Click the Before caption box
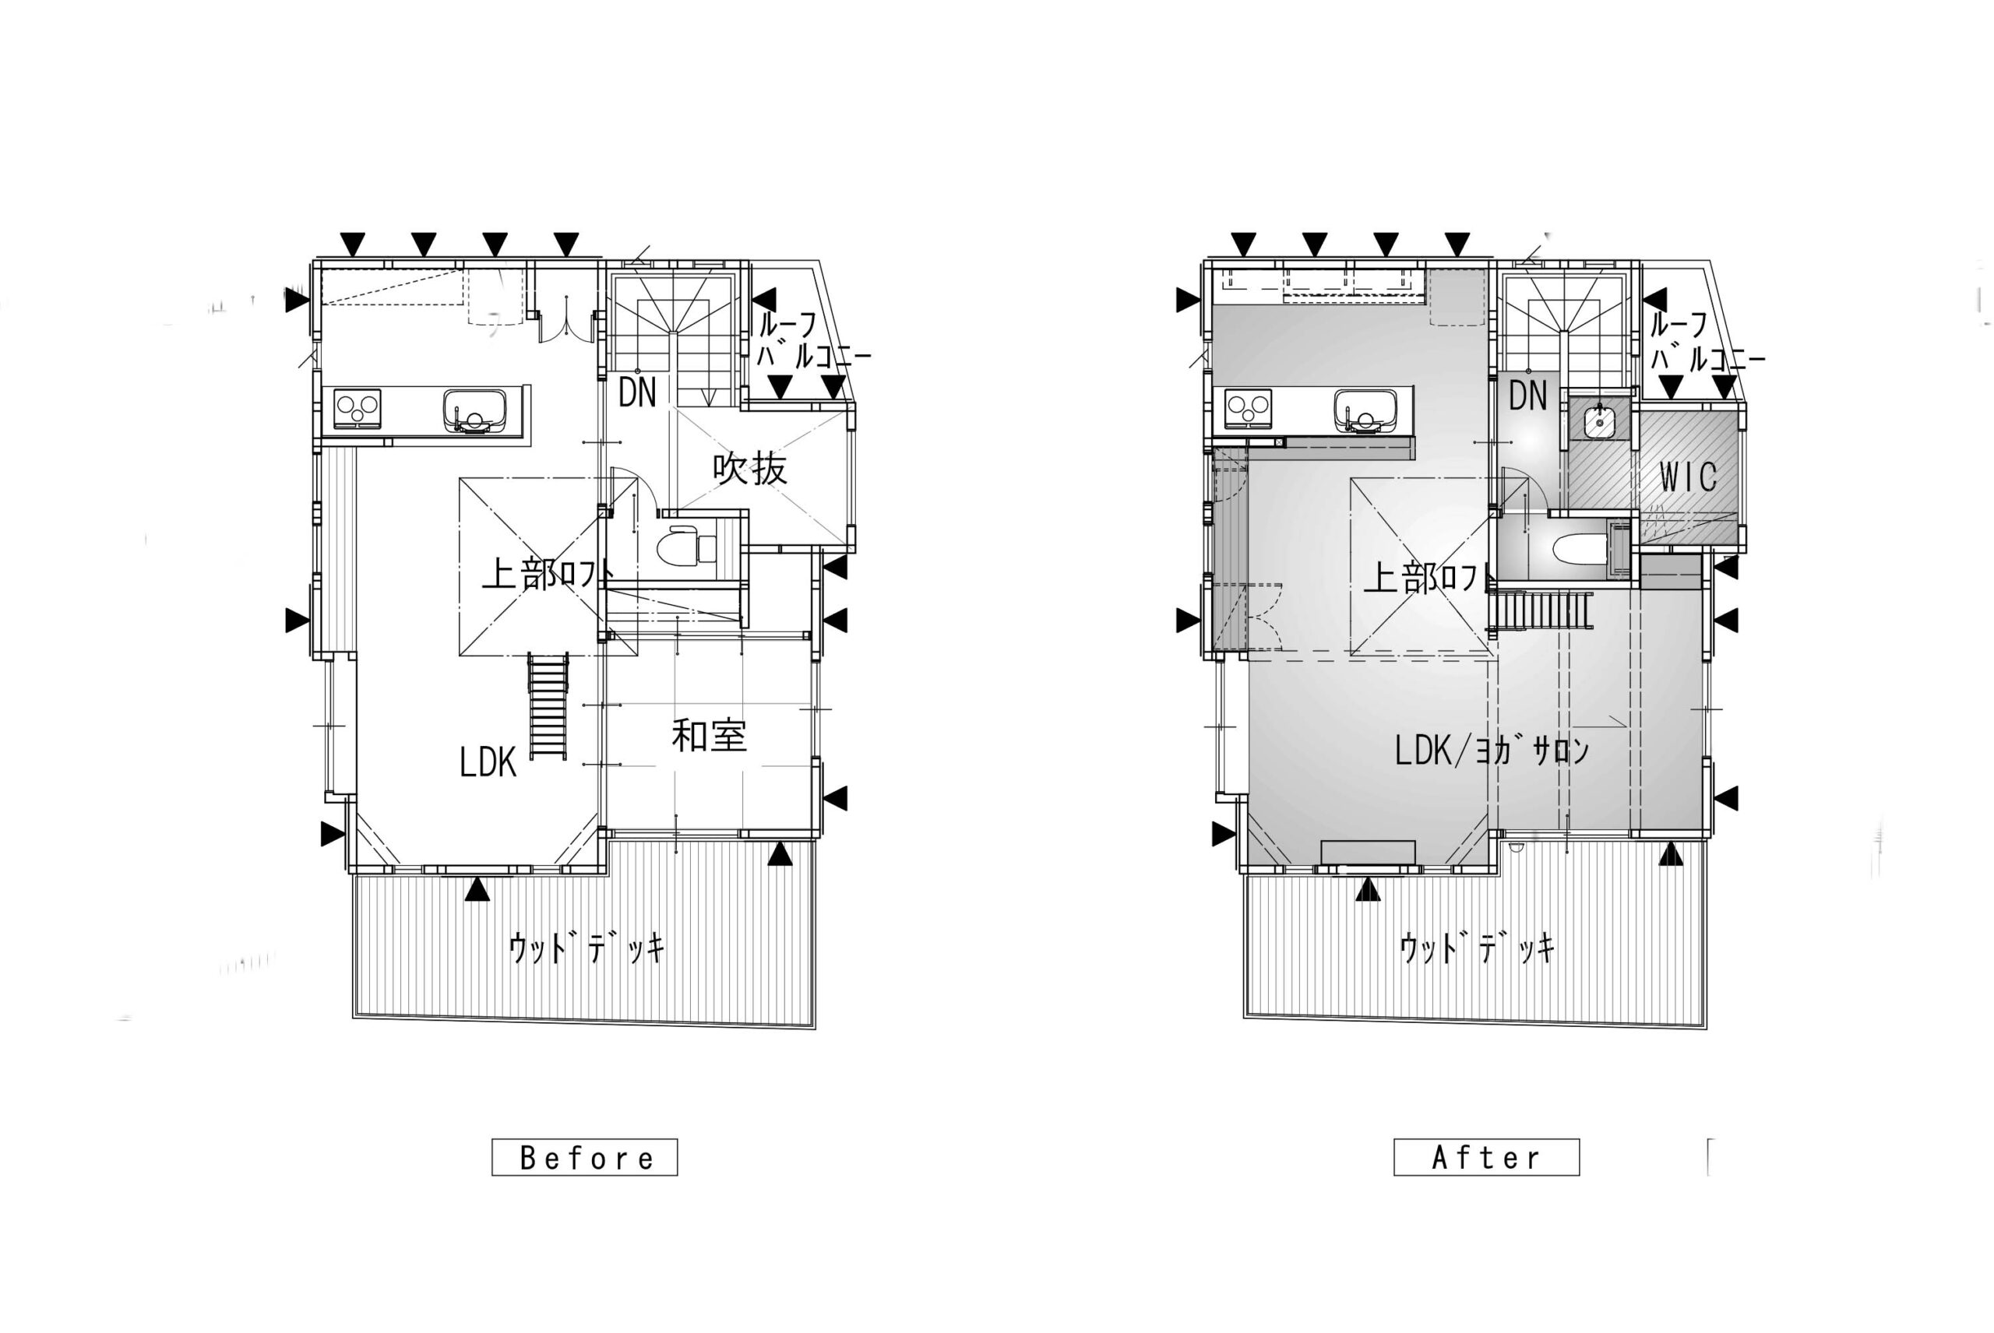584,1157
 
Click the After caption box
1486,1157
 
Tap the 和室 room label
709,737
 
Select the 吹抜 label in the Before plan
749,469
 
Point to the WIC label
1688,478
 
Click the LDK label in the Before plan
488,762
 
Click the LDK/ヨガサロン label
1492,751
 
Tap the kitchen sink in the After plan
1365,410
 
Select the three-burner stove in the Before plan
358,410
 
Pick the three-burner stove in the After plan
1249,410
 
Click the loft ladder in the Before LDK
548,705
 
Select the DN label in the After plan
1528,396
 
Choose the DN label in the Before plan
637,392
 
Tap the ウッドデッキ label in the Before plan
586,947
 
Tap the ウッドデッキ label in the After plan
1477,947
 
